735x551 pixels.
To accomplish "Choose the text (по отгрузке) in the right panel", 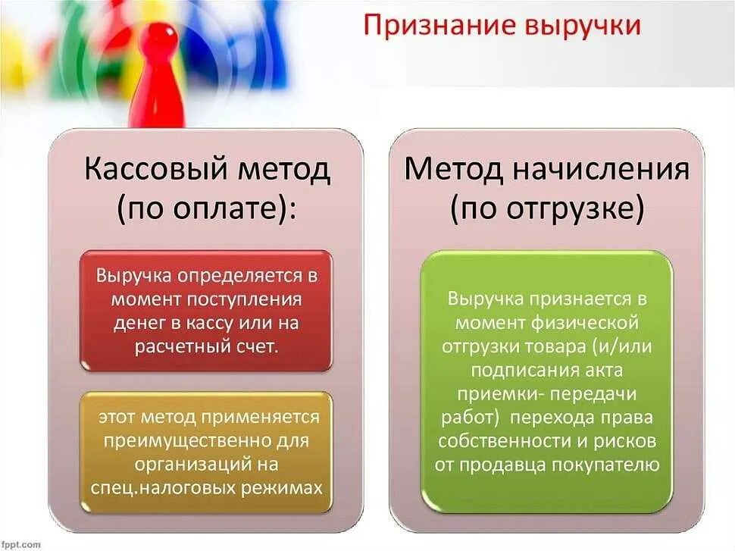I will (547, 210).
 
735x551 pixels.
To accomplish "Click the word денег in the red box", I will (139, 323).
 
